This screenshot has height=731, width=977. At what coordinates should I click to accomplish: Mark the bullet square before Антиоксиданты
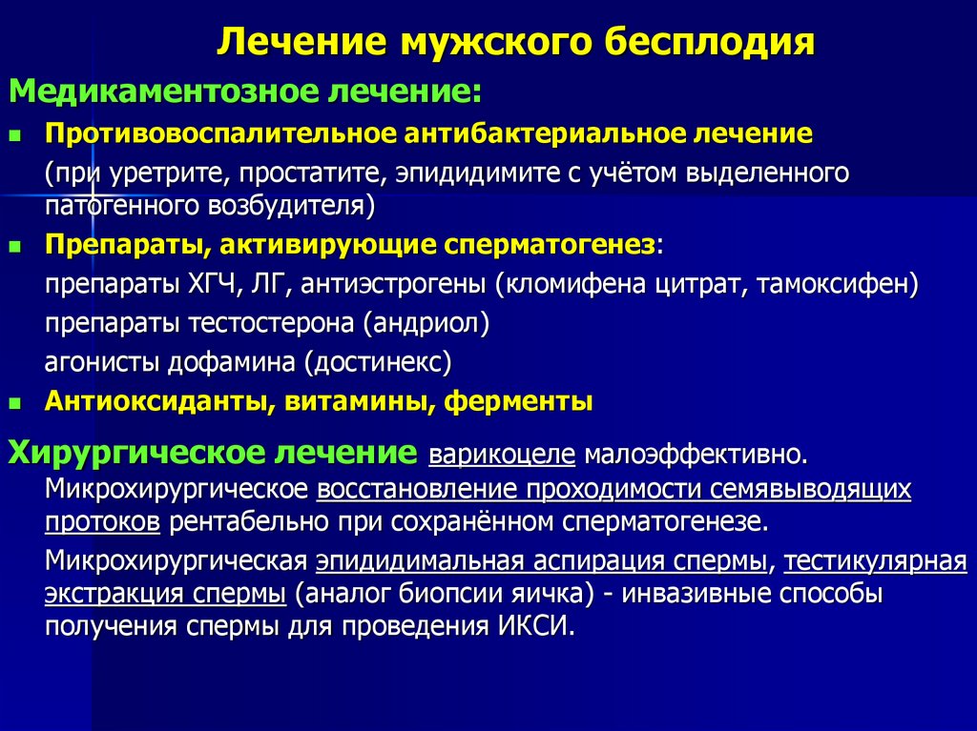pyautogui.click(x=14, y=401)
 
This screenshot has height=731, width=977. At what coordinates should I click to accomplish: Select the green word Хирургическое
pyautogui.click(x=140, y=452)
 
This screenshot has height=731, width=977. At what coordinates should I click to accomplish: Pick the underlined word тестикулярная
pyautogui.click(x=876, y=561)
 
